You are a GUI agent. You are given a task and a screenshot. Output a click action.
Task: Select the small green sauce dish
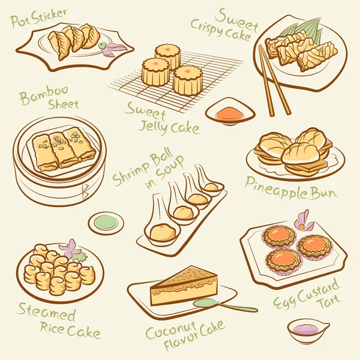[106, 223]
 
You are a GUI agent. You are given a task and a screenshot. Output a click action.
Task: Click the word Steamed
[46, 313]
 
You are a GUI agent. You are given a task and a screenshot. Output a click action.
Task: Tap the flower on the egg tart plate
[304, 221]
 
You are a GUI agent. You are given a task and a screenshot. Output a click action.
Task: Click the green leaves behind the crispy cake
[306, 29]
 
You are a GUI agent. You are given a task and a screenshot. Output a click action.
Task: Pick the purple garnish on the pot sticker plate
[114, 47]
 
